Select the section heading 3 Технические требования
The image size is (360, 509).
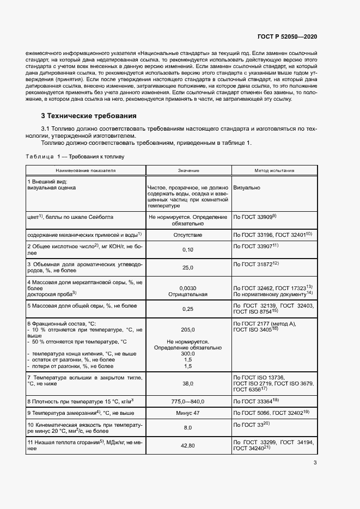click(x=89, y=116)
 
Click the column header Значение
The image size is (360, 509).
click(x=188, y=170)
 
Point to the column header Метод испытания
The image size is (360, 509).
click(x=274, y=170)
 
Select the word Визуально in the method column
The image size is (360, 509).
click(x=246, y=188)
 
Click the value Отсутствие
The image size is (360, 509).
click(x=188, y=235)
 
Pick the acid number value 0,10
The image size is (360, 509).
click(x=188, y=249)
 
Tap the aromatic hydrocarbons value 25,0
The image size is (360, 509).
click(x=188, y=268)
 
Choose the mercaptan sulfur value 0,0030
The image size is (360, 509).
click(x=188, y=287)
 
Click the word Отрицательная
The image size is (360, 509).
click(x=188, y=295)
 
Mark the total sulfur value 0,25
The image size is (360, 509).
click(x=188, y=309)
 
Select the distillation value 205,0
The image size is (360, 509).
click(x=188, y=329)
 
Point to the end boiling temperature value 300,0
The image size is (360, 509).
click(x=188, y=353)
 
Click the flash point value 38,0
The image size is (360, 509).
click(x=188, y=384)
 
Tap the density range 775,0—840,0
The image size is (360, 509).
click(x=188, y=401)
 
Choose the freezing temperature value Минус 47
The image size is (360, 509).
click(x=188, y=413)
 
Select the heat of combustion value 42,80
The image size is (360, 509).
click(x=188, y=445)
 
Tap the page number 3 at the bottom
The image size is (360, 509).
click(x=315, y=463)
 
